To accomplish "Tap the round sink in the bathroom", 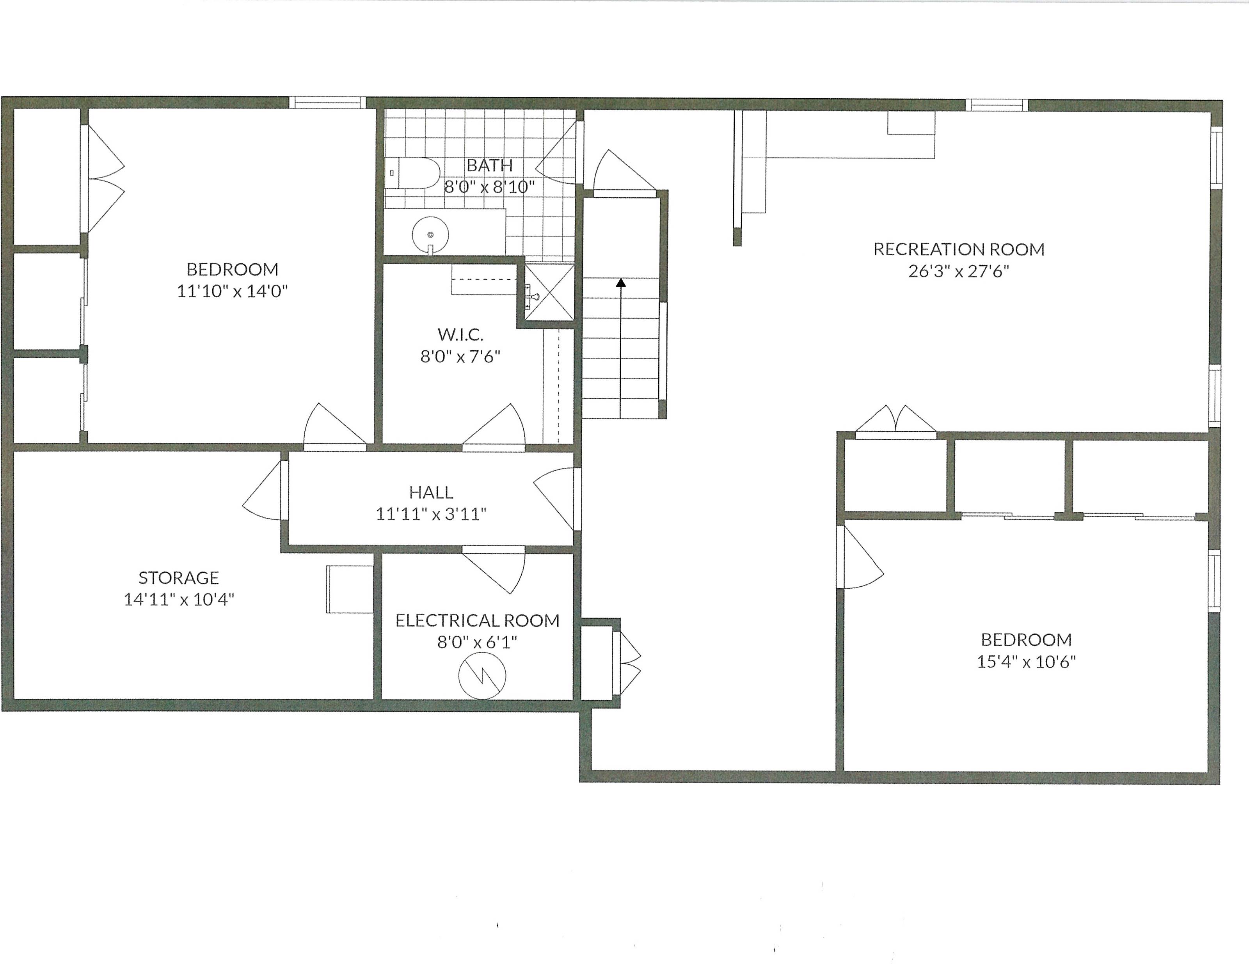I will coord(430,234).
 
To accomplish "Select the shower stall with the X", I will coord(549,291).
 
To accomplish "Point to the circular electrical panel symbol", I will coord(482,675).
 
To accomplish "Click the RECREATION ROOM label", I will coord(958,249).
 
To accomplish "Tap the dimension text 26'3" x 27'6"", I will coord(958,271).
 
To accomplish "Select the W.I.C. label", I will coord(460,334).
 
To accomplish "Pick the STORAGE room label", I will coord(178,577).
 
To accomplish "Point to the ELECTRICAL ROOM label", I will coord(477,620).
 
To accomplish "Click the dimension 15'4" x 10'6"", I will coord(1026,662).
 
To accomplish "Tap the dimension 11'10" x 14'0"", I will coord(232,291).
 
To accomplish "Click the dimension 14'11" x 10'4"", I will coord(178,599).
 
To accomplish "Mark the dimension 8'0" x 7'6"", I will coord(460,356).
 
